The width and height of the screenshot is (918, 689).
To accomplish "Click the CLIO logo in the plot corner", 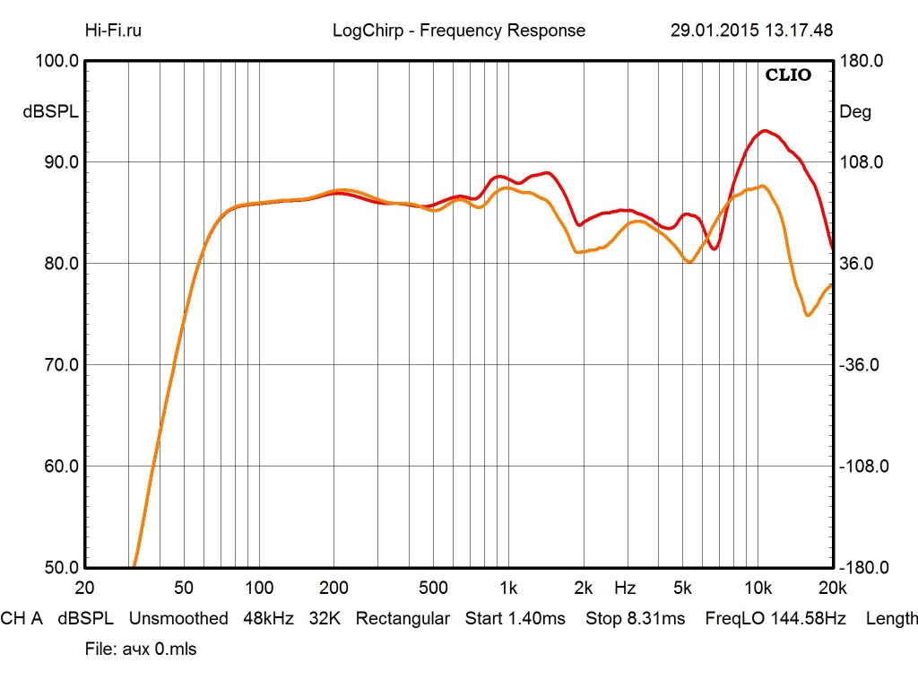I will pyautogui.click(x=788, y=75).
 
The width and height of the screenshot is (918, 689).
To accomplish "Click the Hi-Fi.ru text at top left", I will pyautogui.click(x=113, y=31).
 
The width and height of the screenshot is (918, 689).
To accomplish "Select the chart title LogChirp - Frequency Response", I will pyautogui.click(x=458, y=31).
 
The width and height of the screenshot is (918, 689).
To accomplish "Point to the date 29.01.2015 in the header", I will pyautogui.click(x=714, y=31).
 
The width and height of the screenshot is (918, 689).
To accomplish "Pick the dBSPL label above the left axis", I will pyautogui.click(x=51, y=112).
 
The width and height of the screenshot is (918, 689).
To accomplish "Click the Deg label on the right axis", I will pyautogui.click(x=854, y=112).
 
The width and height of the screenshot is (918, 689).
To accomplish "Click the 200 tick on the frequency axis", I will pyautogui.click(x=333, y=589).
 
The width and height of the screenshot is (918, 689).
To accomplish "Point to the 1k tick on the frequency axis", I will pyautogui.click(x=508, y=589).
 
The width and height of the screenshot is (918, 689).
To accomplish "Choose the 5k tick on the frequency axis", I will pyautogui.click(x=683, y=589).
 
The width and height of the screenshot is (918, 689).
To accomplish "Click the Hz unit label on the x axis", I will pyautogui.click(x=625, y=589).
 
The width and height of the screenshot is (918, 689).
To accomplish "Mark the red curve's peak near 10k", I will pyautogui.click(x=764, y=130).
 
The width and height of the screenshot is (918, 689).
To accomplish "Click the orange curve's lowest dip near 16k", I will pyautogui.click(x=808, y=315).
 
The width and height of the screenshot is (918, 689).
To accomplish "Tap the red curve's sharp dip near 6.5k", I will pyautogui.click(x=714, y=249).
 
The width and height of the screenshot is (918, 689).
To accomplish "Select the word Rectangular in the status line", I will pyautogui.click(x=403, y=618).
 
